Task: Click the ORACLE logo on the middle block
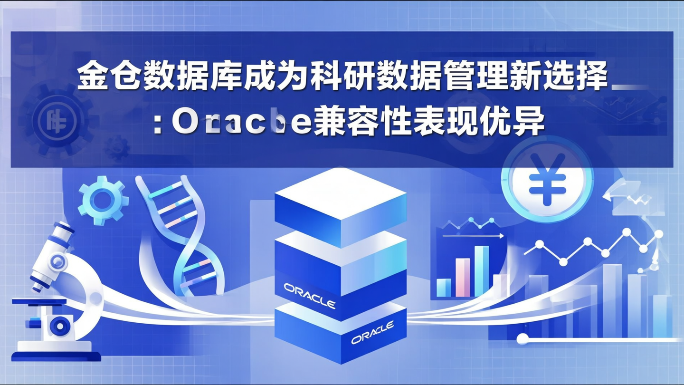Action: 309,296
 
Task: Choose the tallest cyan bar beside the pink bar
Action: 482,271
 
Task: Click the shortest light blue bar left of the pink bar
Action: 444,287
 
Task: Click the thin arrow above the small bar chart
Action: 473,235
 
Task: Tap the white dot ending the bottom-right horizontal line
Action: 522,339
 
